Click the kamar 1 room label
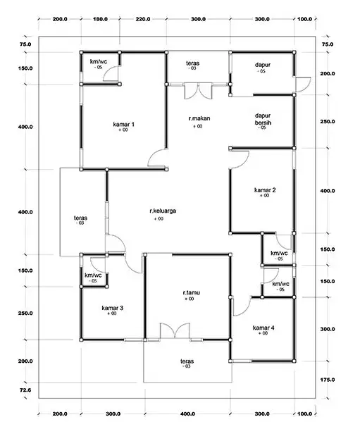[x=123, y=124]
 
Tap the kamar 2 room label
[x=264, y=190]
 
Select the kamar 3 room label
[x=112, y=308]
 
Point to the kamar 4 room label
[x=263, y=327]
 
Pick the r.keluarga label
[x=161, y=211]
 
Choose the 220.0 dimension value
[x=143, y=19]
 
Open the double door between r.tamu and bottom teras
[x=173, y=332]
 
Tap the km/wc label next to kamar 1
[x=97, y=63]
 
